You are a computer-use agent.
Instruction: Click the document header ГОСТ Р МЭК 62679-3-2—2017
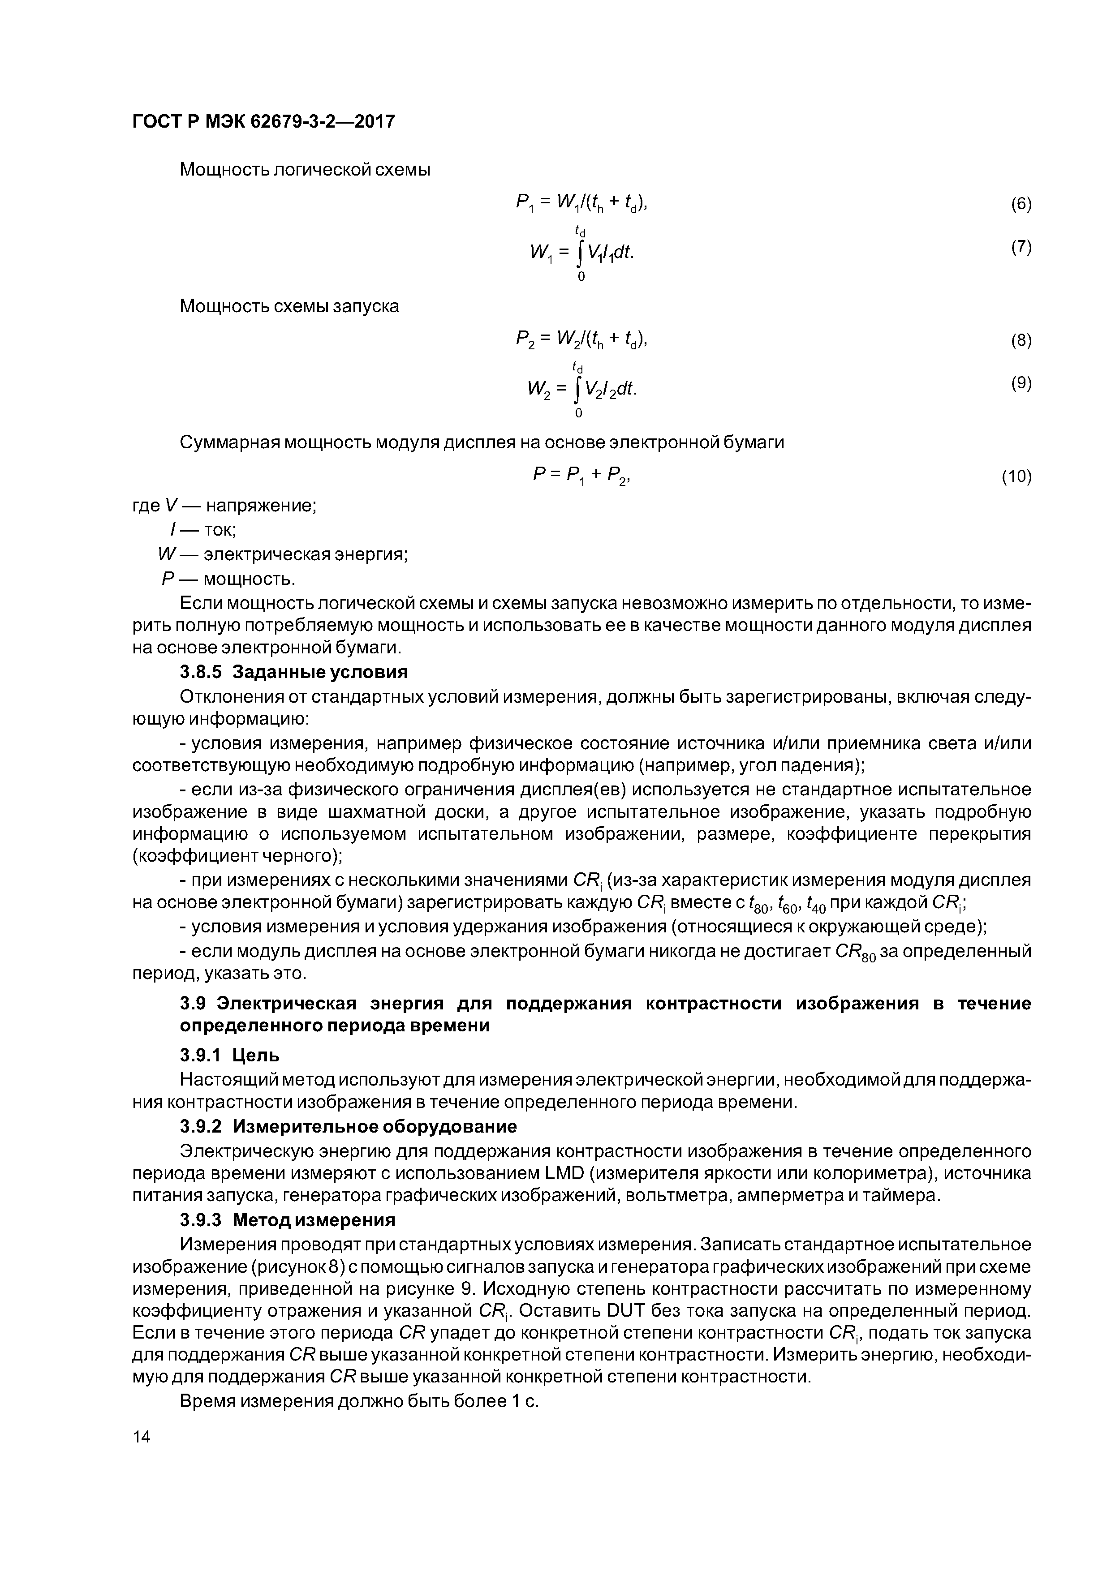tap(263, 122)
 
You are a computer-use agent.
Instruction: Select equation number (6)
tap(1021, 204)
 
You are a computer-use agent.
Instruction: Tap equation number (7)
tap(1021, 247)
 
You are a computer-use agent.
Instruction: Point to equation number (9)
tap(1021, 383)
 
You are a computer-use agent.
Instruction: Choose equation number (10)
tap(1016, 476)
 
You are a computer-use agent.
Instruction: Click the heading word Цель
tap(256, 1056)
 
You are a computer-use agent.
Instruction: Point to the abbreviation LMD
tap(565, 1173)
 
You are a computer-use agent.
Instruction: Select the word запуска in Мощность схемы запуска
tap(366, 306)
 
